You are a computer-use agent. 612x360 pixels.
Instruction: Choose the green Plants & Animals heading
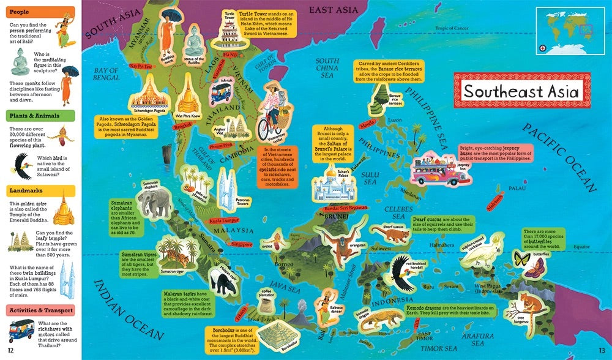(41, 116)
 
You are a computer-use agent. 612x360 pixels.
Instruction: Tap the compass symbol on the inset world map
(542, 48)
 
